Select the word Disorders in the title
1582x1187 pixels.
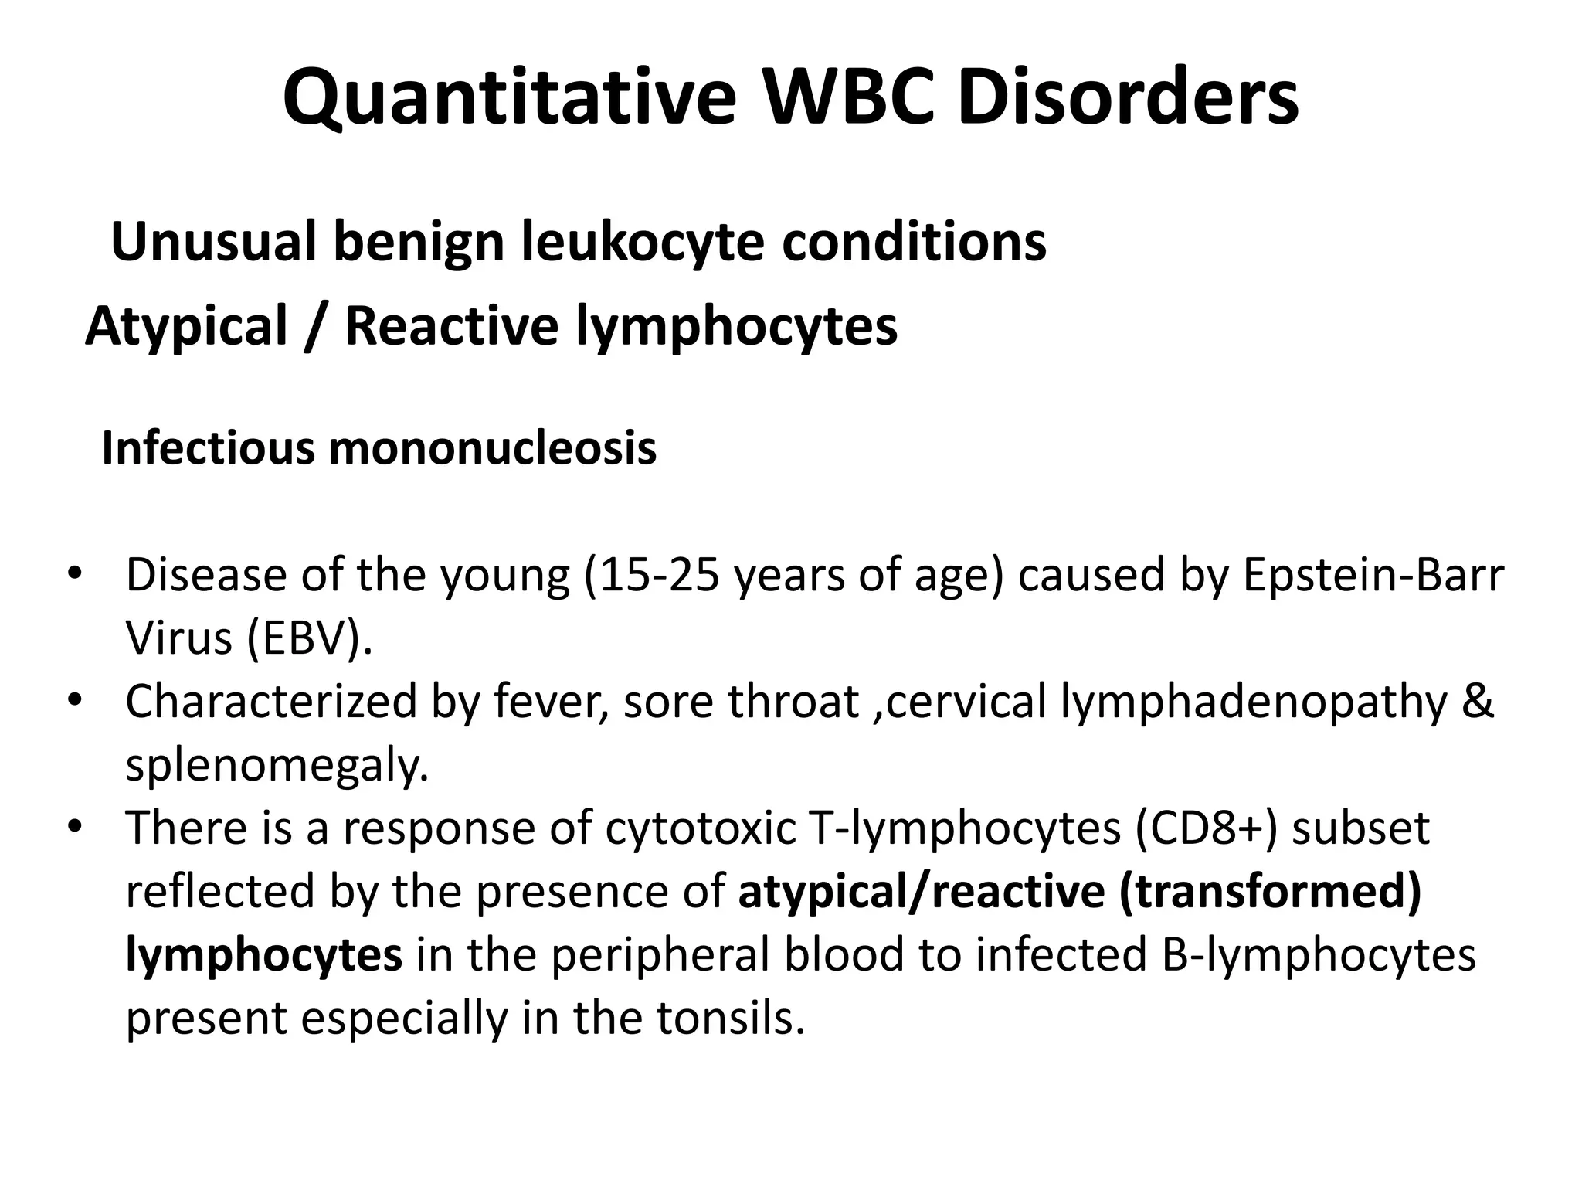click(1128, 98)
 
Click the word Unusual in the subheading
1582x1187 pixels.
click(212, 242)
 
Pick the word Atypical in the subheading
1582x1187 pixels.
click(186, 326)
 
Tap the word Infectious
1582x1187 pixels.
click(208, 447)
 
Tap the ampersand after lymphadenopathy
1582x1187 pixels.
click(1477, 702)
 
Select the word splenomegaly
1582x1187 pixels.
click(277, 766)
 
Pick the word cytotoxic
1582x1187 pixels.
click(700, 828)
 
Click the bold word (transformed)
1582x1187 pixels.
click(1270, 892)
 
